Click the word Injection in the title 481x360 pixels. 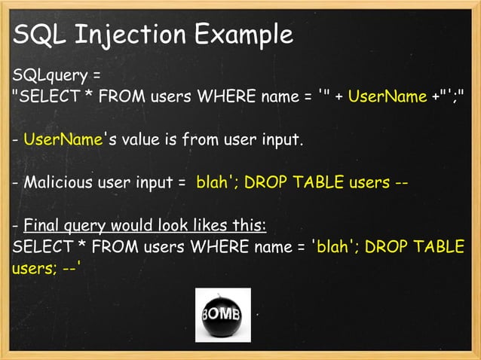(128, 34)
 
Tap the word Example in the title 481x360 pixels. (243, 34)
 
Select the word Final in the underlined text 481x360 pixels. (41, 225)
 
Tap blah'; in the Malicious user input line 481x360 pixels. (216, 182)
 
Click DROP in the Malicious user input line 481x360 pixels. (265, 182)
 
